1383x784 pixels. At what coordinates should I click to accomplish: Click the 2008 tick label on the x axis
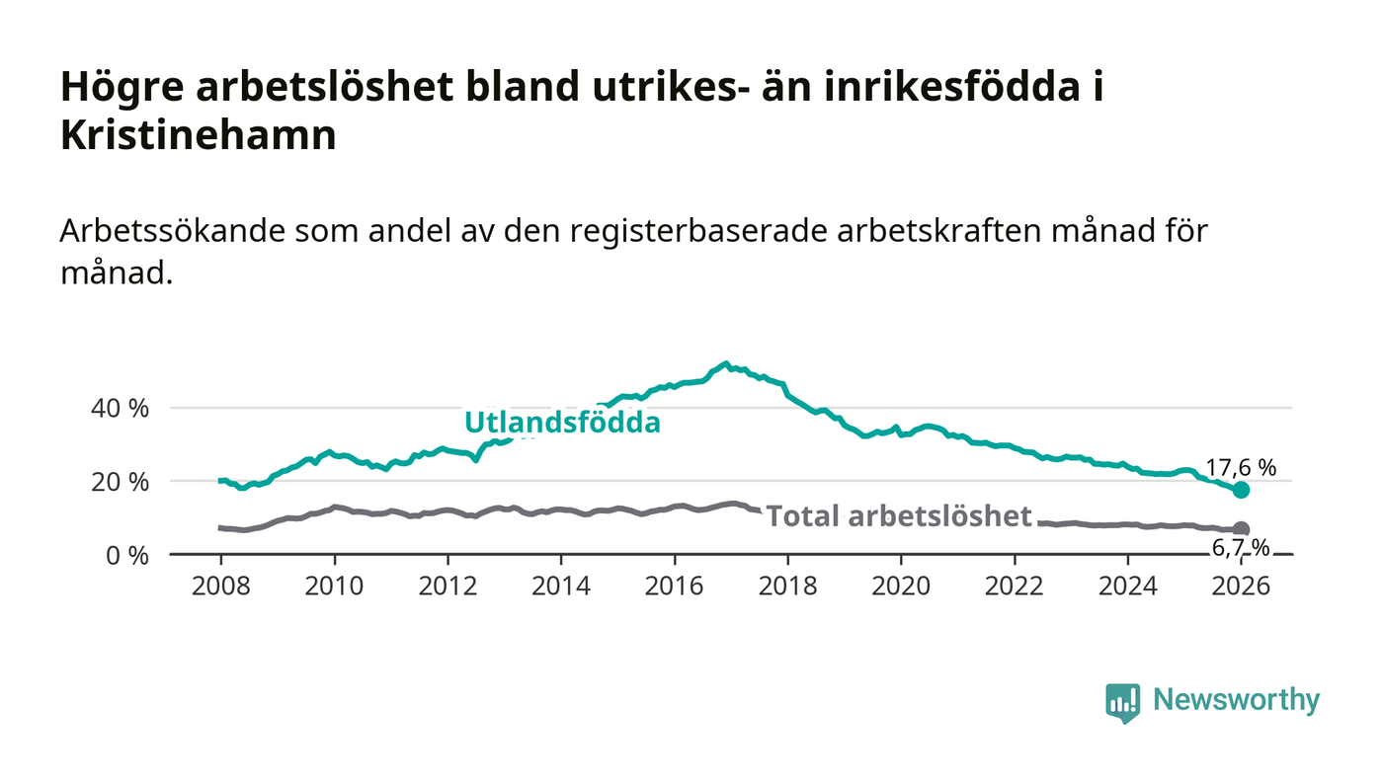(221, 586)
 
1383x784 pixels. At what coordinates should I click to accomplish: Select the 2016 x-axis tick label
(675, 586)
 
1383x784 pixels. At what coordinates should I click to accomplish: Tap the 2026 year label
(1241, 586)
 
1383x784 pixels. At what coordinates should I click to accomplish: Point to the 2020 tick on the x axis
(901, 586)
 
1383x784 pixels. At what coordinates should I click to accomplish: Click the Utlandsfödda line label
(562, 423)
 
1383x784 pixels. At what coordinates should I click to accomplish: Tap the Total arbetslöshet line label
(899, 515)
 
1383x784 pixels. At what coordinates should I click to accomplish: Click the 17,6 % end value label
(1242, 468)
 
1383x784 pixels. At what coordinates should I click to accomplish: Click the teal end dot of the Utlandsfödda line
(1241, 490)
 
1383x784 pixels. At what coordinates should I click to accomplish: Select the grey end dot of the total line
(1241, 529)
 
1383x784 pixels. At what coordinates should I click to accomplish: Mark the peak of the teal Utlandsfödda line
(726, 363)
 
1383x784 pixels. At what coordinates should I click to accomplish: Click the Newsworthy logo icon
(1122, 702)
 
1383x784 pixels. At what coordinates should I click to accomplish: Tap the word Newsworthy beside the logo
(1236, 700)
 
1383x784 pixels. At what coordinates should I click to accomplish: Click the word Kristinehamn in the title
(199, 135)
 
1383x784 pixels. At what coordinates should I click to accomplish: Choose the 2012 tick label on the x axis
(447, 586)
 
